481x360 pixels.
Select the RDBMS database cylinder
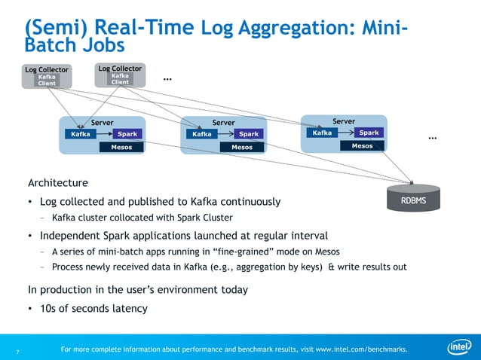click(412, 201)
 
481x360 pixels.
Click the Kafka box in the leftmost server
click(81, 134)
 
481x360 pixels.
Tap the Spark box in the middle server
click(249, 134)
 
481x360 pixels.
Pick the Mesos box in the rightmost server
click(362, 145)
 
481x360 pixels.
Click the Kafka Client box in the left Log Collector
click(47, 80)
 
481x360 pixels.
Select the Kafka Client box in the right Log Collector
click(120, 78)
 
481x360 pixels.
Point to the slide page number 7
click(17, 351)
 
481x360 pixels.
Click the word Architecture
click(58, 183)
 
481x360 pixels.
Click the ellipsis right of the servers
click(433, 138)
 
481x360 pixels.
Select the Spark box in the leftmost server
click(128, 134)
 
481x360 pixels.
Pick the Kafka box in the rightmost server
click(322, 133)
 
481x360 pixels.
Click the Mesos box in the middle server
click(241, 147)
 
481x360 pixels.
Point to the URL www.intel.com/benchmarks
click(361, 349)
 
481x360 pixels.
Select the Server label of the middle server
click(223, 122)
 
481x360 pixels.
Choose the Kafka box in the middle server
click(201, 134)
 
